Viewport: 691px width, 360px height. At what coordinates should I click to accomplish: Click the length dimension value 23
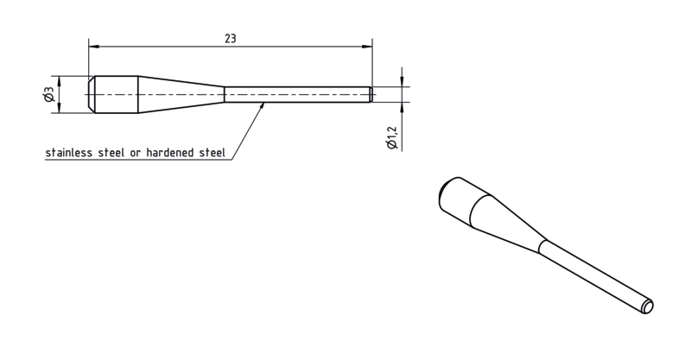pyautogui.click(x=231, y=39)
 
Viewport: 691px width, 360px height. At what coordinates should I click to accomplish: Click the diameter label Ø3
pyautogui.click(x=48, y=94)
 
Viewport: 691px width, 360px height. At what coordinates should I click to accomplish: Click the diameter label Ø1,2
pyautogui.click(x=392, y=138)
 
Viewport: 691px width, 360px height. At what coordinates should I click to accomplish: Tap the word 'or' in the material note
pyautogui.click(x=135, y=154)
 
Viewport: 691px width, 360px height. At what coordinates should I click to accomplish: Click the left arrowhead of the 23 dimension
pyautogui.click(x=94, y=46)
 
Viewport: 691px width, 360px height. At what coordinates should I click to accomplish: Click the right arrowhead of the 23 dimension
pyautogui.click(x=366, y=46)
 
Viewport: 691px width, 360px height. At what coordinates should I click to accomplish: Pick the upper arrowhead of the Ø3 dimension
pyautogui.click(x=59, y=80)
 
